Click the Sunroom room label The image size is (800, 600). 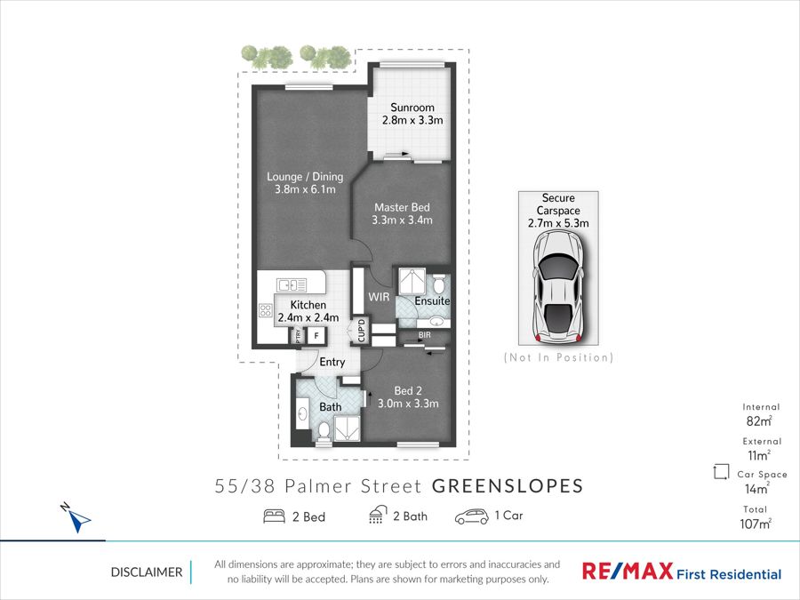(x=412, y=108)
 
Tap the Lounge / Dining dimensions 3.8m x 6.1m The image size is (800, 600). (x=305, y=189)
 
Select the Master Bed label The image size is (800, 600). (x=402, y=207)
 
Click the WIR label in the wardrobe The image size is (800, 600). (x=379, y=296)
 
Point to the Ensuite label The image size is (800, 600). (x=432, y=301)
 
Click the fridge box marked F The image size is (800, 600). (x=316, y=336)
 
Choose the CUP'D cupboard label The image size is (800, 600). (x=362, y=330)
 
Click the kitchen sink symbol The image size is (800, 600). (x=292, y=284)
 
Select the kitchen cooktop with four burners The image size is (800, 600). (x=265, y=310)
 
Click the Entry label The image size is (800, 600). (x=332, y=362)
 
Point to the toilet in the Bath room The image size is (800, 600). (x=323, y=432)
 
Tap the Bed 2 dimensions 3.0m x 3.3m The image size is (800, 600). (x=408, y=404)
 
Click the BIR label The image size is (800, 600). (x=425, y=335)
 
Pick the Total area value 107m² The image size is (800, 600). (x=756, y=524)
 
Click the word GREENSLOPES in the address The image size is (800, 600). (x=508, y=486)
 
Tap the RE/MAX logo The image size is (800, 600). (x=628, y=571)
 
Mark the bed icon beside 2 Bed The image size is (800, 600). (x=274, y=516)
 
